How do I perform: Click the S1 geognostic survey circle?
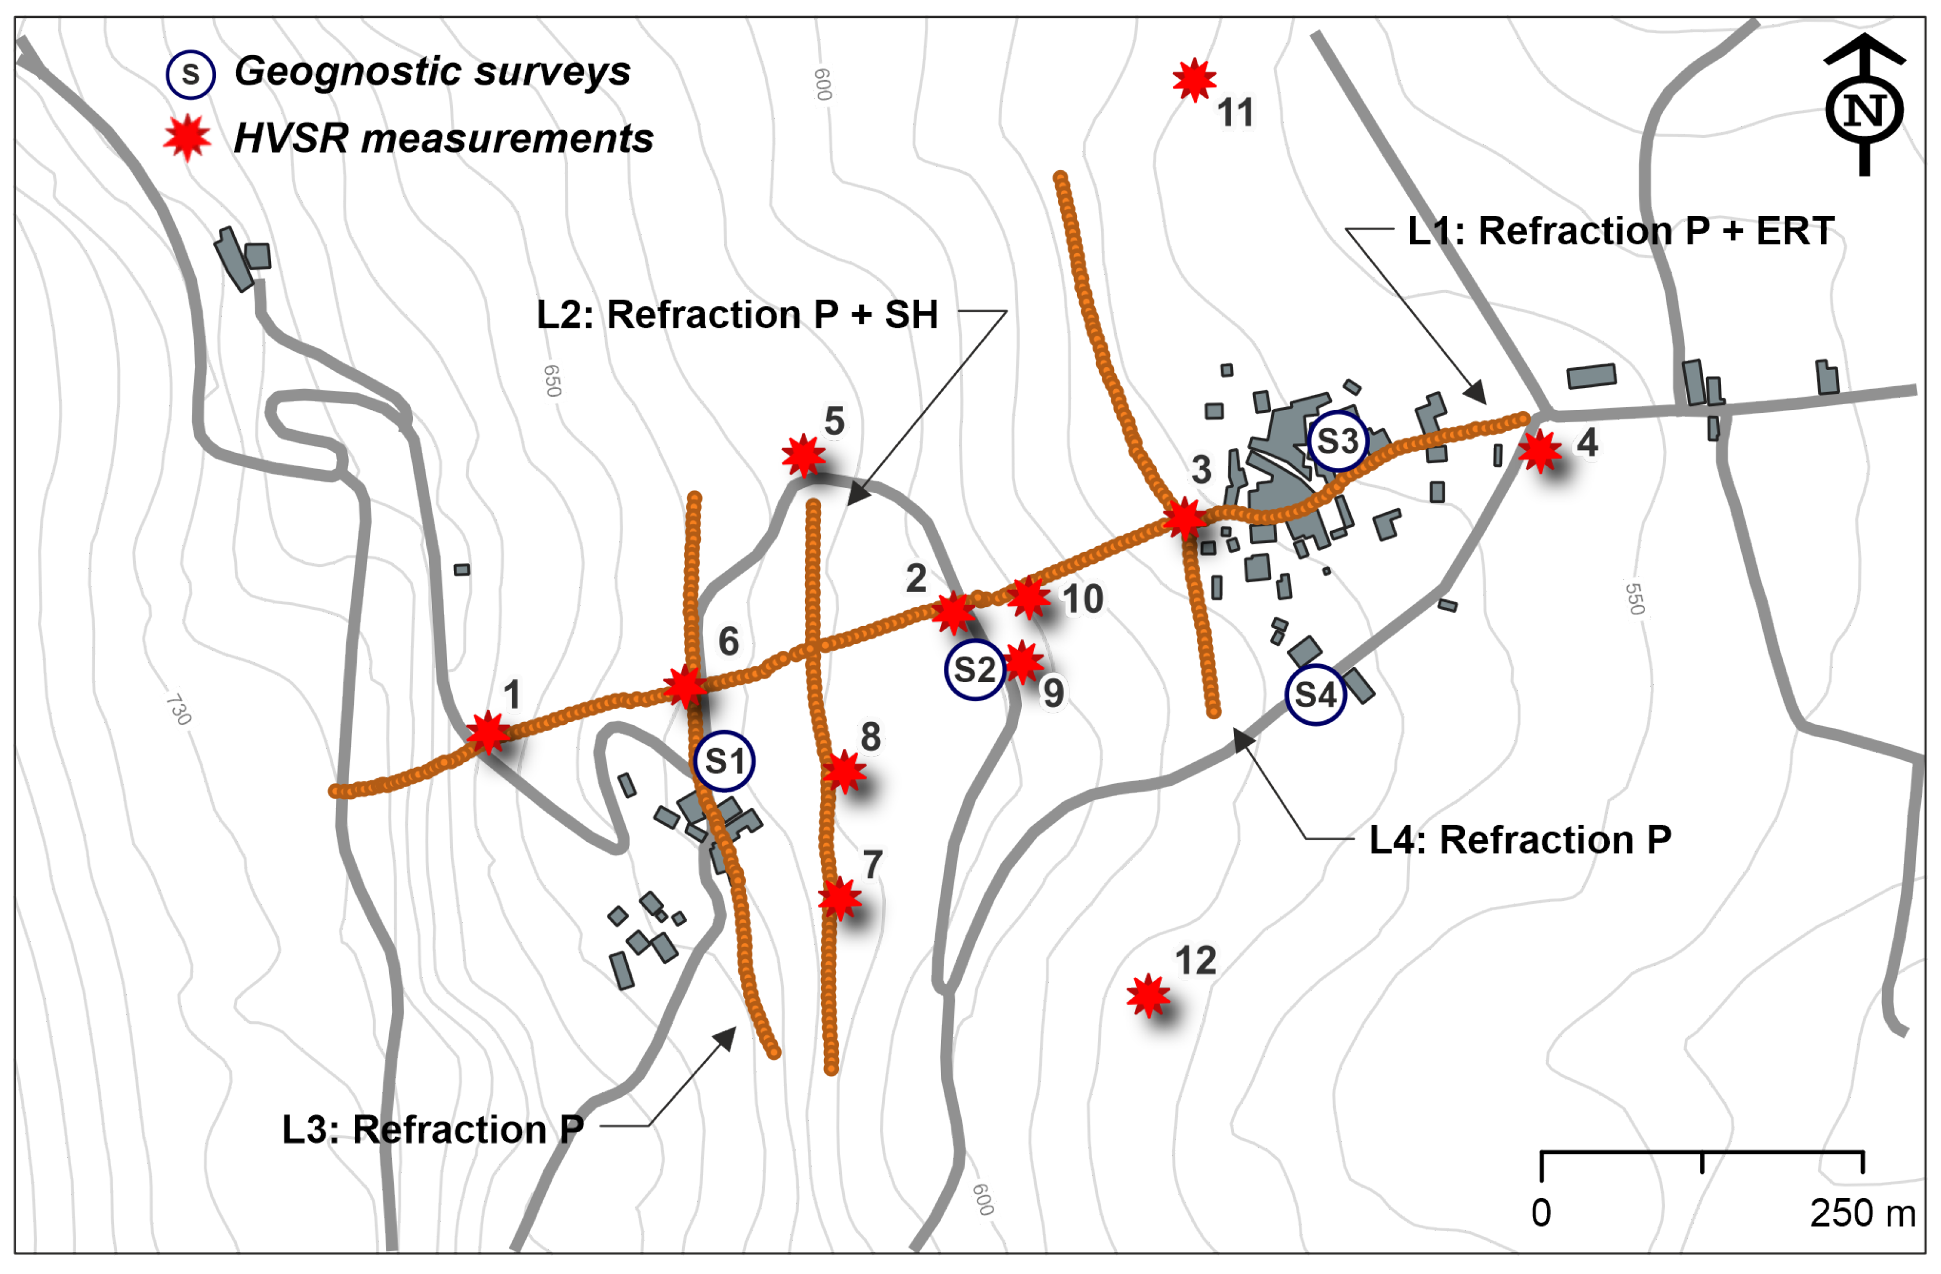(x=724, y=761)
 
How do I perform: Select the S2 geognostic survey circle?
(x=975, y=669)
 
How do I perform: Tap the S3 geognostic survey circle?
(x=1338, y=441)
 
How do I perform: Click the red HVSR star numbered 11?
(x=1195, y=80)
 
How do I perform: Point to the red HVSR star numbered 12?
(x=1148, y=995)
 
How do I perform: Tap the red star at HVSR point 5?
(x=803, y=455)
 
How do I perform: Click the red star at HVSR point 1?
(x=488, y=731)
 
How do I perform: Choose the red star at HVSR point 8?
(x=843, y=771)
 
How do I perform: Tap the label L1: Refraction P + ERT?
(x=1620, y=231)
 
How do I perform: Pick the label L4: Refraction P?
(x=1520, y=839)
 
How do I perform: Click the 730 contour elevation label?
(x=178, y=709)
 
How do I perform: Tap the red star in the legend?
(x=188, y=138)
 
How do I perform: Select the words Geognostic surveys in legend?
(x=432, y=71)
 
